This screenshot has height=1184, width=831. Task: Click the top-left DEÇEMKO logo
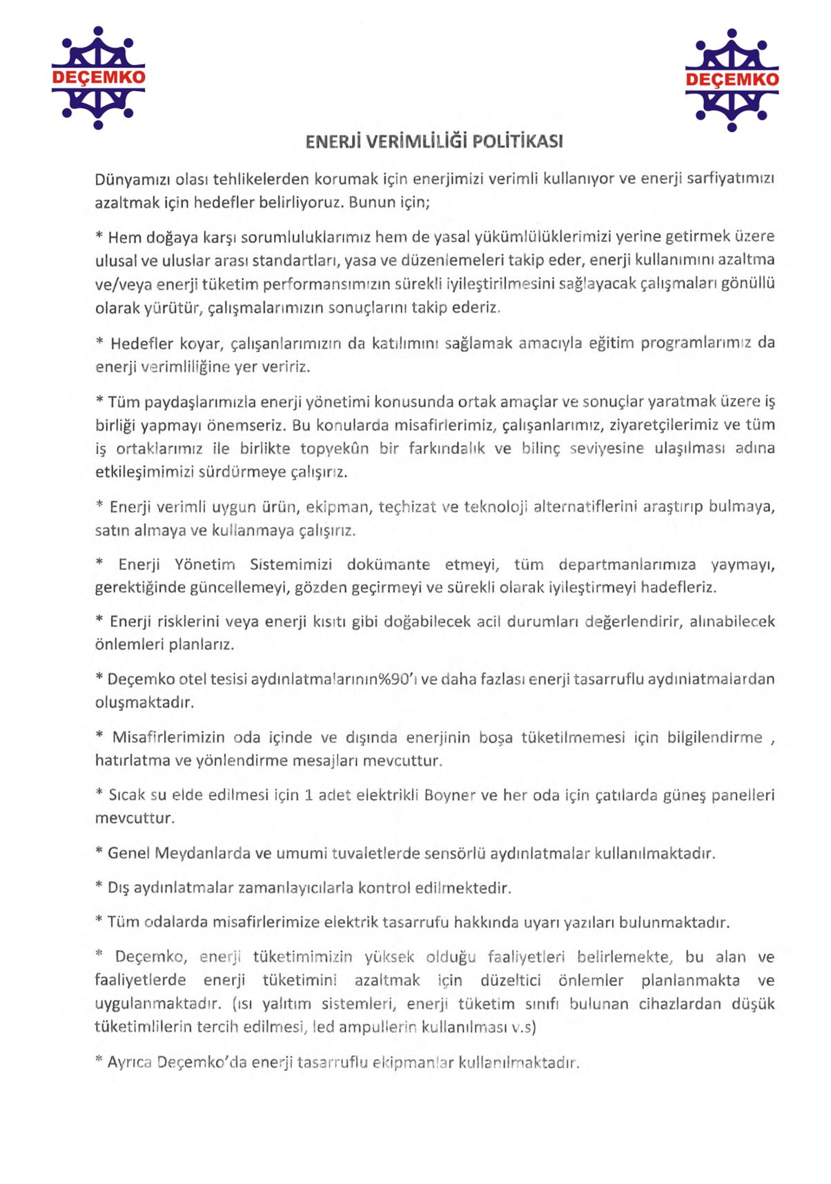(98, 77)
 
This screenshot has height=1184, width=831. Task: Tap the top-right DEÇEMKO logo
(732, 79)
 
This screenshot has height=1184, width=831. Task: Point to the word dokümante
(388, 564)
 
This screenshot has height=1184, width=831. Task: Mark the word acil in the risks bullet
(489, 622)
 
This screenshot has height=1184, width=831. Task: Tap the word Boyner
(450, 795)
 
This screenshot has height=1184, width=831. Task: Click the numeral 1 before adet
(309, 795)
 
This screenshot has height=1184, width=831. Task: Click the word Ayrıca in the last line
(130, 1062)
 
